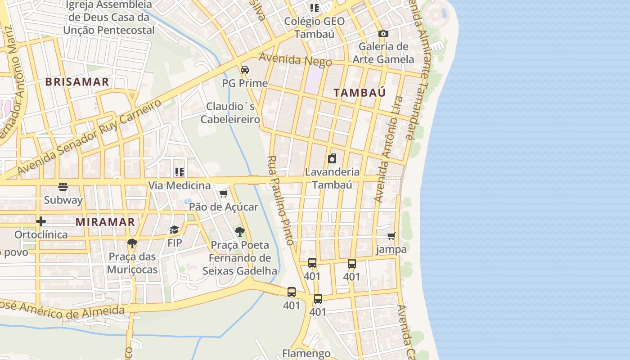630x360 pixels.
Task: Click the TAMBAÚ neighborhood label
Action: (360, 93)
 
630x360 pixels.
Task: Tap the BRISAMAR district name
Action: (77, 82)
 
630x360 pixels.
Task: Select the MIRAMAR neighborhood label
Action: (105, 222)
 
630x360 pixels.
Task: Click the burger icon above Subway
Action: (63, 187)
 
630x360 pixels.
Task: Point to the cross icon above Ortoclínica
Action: (41, 221)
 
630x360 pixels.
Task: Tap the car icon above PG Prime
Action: (245, 70)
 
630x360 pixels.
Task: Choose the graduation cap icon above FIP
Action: (174, 230)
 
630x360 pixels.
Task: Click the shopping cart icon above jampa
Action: (391, 236)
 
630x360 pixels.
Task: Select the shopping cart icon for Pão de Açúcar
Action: (223, 193)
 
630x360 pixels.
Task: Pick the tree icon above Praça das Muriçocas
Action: (132, 243)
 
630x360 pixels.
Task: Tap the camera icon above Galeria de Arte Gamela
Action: (383, 33)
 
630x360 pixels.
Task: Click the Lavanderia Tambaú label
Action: (332, 178)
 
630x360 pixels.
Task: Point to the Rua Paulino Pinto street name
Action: (280, 200)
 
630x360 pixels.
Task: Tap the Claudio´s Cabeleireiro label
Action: (230, 113)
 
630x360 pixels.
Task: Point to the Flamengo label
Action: (306, 353)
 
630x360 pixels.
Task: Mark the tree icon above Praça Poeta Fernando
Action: (240, 232)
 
